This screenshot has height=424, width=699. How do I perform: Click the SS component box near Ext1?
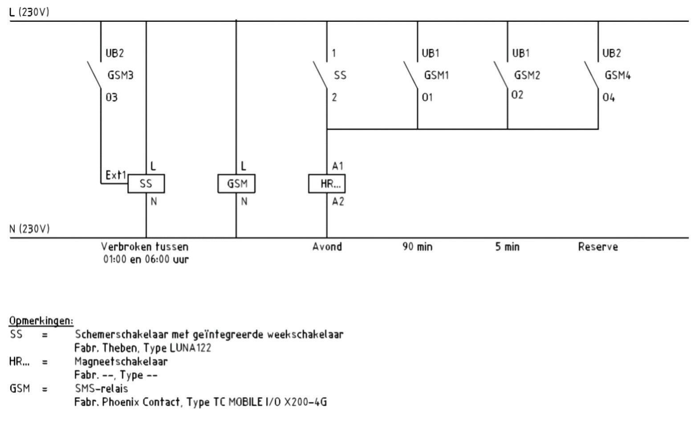click(146, 183)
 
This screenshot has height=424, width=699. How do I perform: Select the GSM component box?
click(236, 183)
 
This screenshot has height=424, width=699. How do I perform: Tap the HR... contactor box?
click(327, 183)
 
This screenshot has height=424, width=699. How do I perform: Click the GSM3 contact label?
click(120, 75)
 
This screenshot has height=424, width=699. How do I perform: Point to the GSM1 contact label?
click(436, 75)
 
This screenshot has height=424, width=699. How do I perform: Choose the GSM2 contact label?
click(527, 75)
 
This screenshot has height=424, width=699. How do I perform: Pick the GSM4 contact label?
click(618, 75)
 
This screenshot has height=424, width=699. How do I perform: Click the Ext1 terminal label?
click(116, 175)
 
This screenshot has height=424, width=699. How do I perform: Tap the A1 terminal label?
click(338, 166)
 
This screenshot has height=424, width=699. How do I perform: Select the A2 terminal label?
click(338, 202)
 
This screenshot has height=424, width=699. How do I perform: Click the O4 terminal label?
click(609, 97)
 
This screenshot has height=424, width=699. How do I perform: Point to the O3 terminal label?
click(111, 97)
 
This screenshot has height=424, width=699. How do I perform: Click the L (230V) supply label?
click(29, 12)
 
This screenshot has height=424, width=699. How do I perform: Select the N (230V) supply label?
click(29, 229)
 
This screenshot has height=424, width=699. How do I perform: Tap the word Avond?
click(327, 246)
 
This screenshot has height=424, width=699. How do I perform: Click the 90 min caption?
click(417, 246)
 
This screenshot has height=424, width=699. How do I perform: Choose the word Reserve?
click(598, 246)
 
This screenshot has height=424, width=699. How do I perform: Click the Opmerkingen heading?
click(41, 321)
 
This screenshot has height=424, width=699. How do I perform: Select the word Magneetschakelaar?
click(121, 361)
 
